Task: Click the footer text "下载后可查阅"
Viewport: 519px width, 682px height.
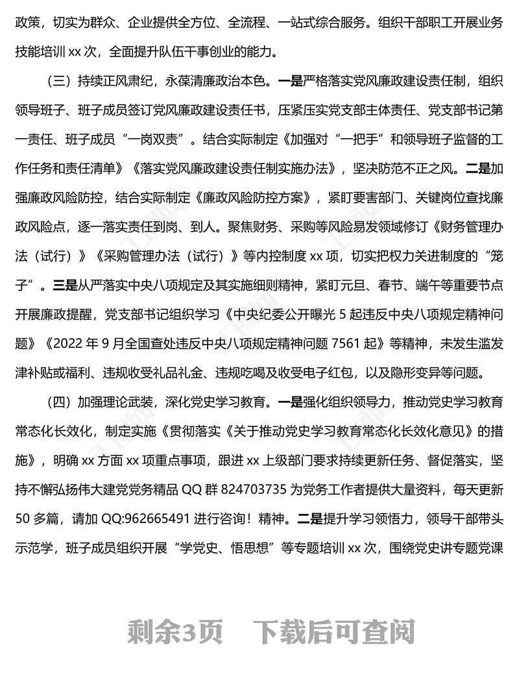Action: coord(333,630)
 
